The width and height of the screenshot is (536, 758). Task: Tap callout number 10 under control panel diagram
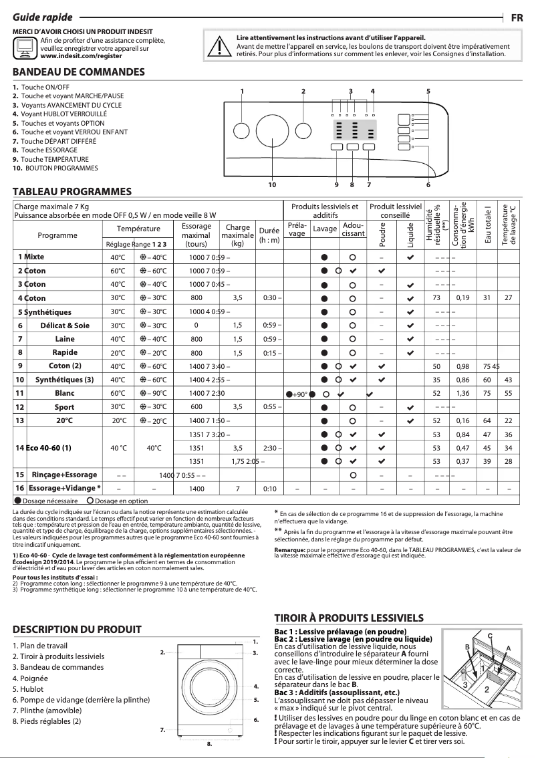click(x=272, y=184)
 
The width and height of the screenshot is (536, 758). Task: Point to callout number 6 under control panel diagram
click(x=428, y=184)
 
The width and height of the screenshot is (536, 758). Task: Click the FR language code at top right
click(x=517, y=18)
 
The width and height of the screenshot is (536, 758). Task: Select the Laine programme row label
click(x=65, y=339)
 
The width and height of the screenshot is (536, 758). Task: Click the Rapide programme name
click(x=65, y=352)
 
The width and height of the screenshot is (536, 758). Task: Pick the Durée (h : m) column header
click(x=269, y=235)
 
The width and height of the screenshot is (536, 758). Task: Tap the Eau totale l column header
click(x=488, y=223)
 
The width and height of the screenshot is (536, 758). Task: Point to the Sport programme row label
click(x=65, y=406)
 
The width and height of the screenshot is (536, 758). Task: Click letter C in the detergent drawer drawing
click(x=489, y=634)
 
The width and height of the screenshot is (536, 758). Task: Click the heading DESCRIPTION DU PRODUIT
click(x=77, y=629)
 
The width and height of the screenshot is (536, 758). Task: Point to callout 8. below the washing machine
click(x=209, y=743)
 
